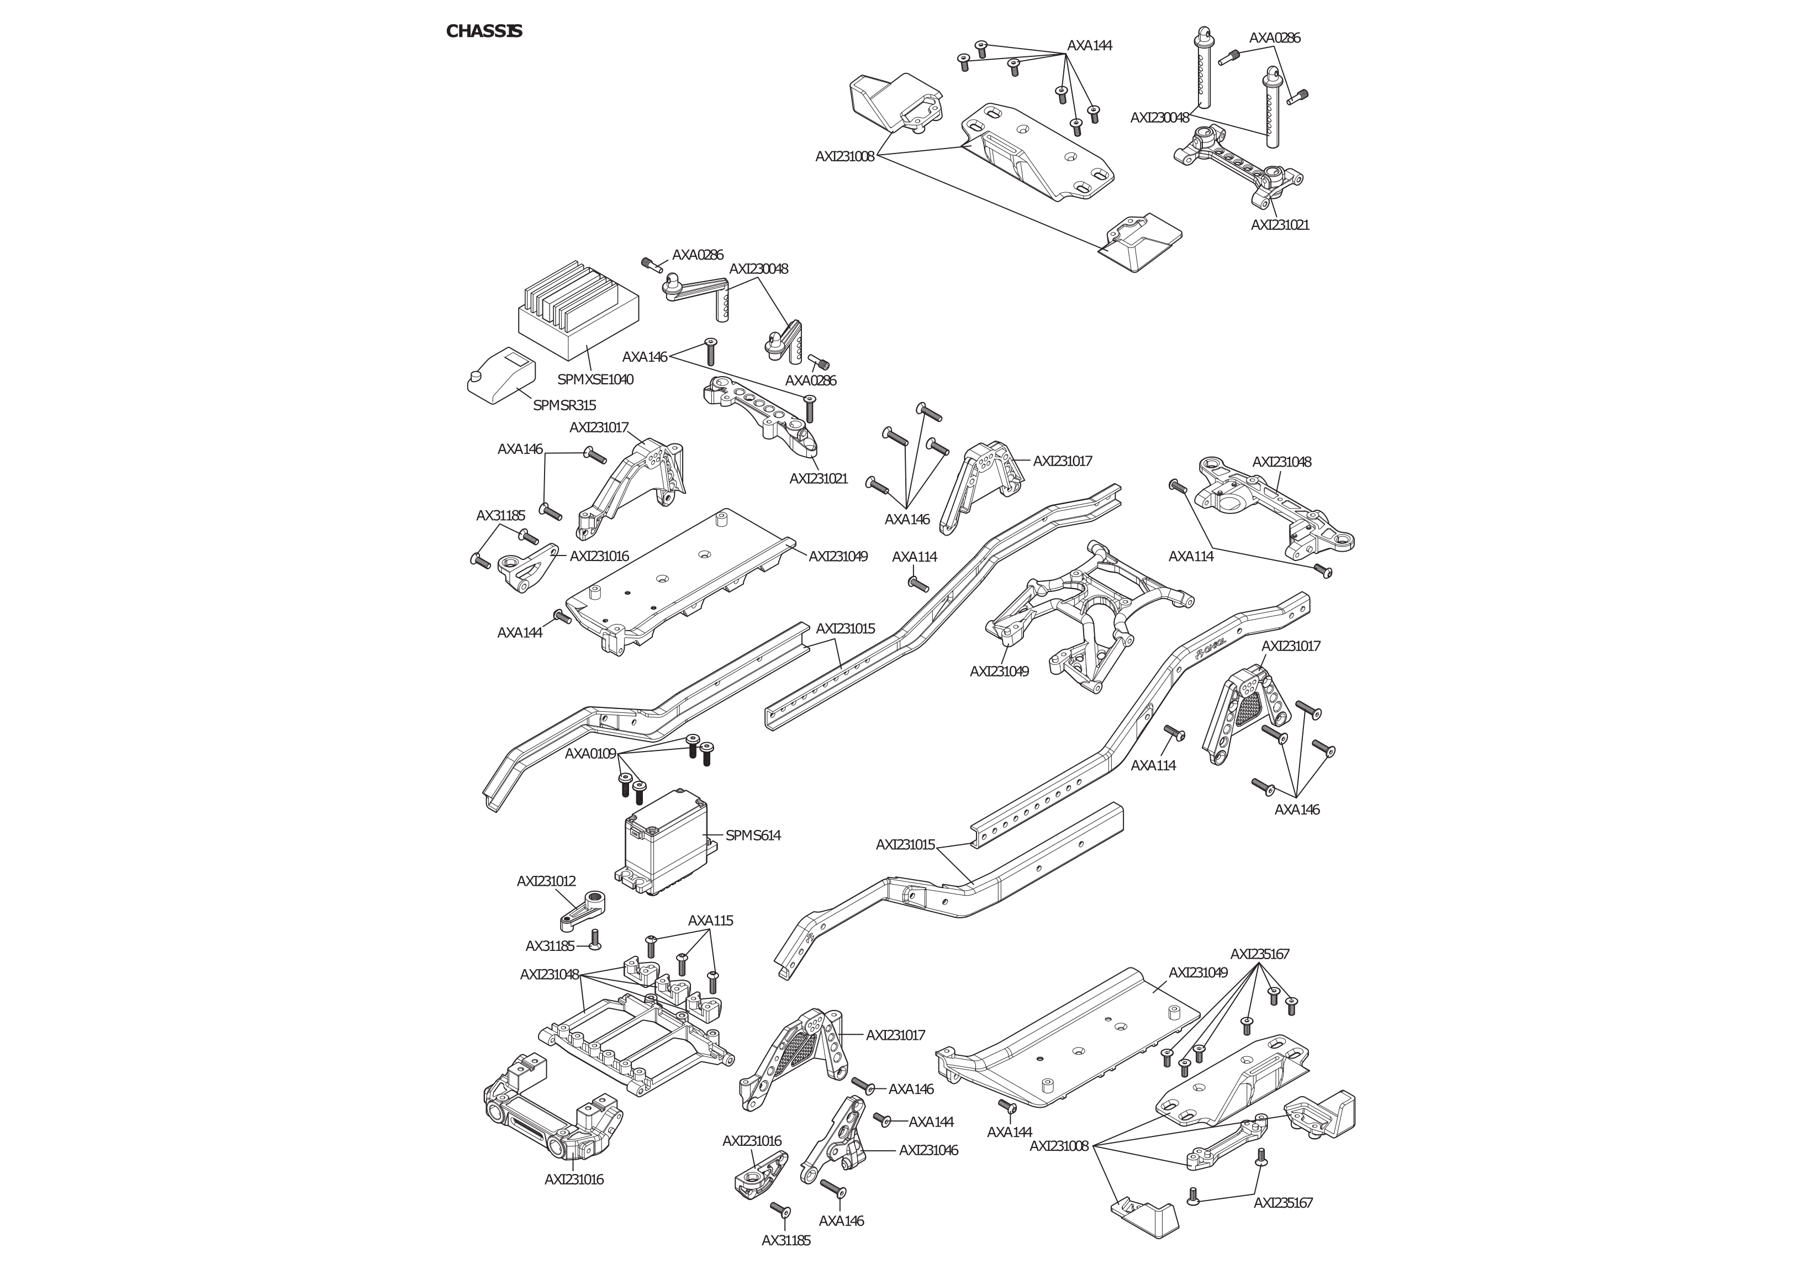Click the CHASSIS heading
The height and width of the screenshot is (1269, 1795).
[x=484, y=31]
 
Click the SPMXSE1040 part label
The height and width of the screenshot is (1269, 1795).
[x=595, y=379]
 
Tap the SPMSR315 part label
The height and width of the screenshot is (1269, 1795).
[x=564, y=405]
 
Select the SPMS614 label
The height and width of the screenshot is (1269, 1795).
[x=753, y=835]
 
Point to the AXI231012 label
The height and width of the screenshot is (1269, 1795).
[x=546, y=881]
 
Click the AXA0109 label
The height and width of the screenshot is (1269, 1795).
[x=590, y=754]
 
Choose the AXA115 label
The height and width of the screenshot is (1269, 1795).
[x=711, y=921]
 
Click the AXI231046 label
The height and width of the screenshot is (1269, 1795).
[x=928, y=1150]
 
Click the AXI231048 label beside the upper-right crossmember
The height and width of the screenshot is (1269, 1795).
[x=1282, y=462]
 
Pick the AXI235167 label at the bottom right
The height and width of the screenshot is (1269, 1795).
[x=1283, y=1203]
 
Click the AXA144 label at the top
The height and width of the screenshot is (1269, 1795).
[x=1089, y=45]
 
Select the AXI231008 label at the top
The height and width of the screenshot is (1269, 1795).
[x=844, y=156]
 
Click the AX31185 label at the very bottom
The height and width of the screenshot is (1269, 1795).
[x=786, y=1240]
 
